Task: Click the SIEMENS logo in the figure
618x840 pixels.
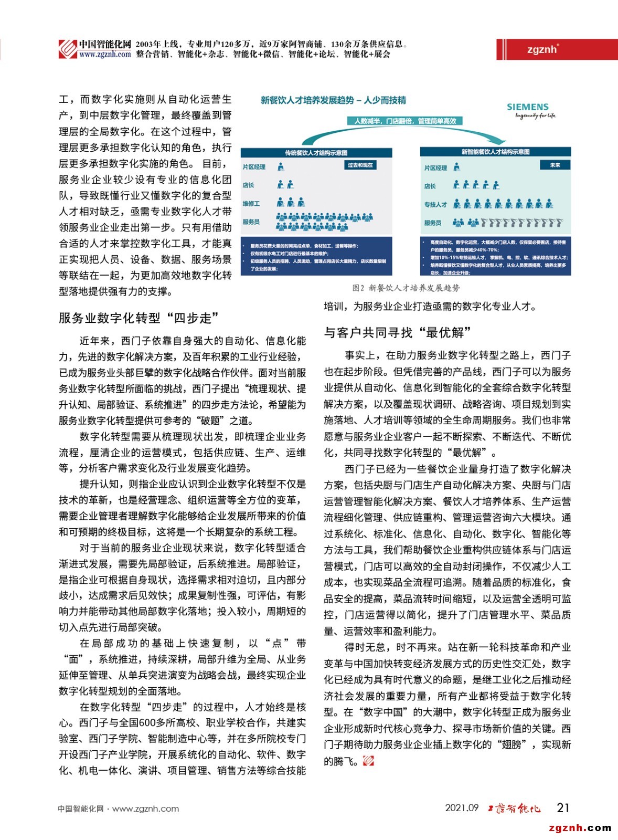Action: click(x=527, y=107)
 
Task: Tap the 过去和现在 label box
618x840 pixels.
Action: click(x=360, y=165)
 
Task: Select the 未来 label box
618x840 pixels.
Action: click(x=555, y=165)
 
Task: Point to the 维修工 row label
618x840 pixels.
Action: click(x=251, y=203)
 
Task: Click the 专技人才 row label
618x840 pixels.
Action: click(x=435, y=204)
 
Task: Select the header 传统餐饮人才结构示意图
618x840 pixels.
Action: click(x=316, y=153)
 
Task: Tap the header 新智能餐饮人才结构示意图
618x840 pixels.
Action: click(x=495, y=152)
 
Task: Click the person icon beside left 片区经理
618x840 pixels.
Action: click(x=281, y=166)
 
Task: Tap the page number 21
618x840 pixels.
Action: click(x=563, y=807)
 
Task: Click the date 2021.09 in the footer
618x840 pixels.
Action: click(x=462, y=807)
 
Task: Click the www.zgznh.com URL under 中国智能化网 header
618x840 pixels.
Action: click(x=105, y=55)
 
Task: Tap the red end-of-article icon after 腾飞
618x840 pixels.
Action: click(x=368, y=760)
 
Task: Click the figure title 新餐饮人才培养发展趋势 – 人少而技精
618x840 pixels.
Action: click(x=333, y=100)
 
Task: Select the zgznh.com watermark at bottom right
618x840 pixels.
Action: click(x=580, y=828)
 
